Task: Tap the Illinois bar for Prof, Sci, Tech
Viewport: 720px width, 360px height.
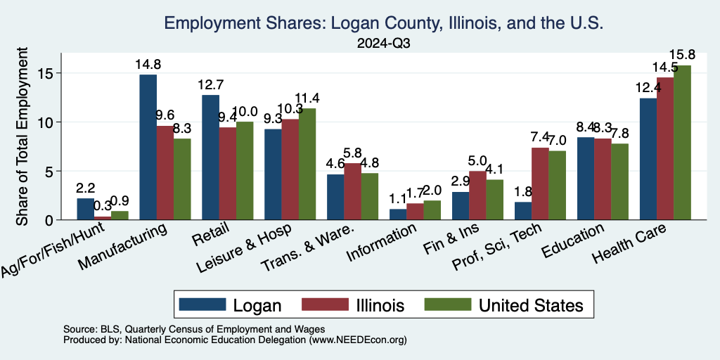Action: [x=540, y=184]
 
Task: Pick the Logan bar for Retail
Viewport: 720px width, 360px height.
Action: [x=211, y=157]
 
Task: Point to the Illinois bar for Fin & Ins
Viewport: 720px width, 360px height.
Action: [x=477, y=195]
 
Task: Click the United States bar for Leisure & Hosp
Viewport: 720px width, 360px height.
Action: [x=307, y=164]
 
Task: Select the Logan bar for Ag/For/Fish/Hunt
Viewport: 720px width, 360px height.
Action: [x=86, y=209]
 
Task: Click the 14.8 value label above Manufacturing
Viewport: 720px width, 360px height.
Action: [x=148, y=65]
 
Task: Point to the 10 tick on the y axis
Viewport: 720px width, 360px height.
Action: [x=45, y=122]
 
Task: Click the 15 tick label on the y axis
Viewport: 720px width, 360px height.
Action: [x=45, y=73]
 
